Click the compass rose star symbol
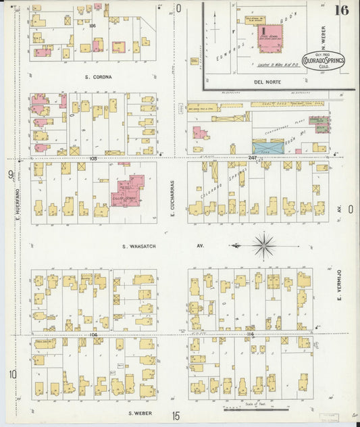[264, 245]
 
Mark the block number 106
[93, 26]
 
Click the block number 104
[93, 334]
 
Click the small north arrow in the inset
[213, 26]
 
